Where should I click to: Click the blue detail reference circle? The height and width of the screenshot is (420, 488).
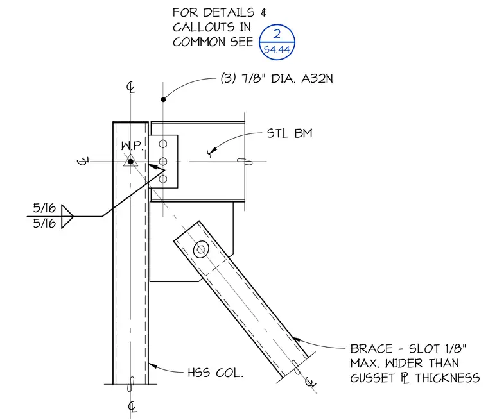tap(277, 24)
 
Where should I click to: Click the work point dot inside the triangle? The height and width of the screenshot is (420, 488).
tap(131, 162)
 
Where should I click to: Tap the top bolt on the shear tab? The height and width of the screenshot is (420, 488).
tap(162, 144)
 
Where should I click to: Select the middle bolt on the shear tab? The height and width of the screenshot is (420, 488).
tap(162, 162)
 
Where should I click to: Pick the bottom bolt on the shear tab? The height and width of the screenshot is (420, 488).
tap(162, 179)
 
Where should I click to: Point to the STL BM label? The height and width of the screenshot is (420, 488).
tap(290, 133)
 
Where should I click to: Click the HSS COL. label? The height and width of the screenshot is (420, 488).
tap(215, 373)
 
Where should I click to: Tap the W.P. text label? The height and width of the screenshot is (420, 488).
tap(132, 146)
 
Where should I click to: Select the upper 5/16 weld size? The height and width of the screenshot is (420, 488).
tap(44, 208)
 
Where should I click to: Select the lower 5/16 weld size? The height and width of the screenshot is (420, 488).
tap(44, 223)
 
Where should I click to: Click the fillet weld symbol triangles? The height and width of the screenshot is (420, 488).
tap(67, 216)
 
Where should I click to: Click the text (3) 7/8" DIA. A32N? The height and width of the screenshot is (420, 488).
tap(277, 79)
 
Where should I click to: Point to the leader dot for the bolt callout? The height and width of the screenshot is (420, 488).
tap(163, 99)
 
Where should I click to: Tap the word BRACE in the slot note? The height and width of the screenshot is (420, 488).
tap(371, 349)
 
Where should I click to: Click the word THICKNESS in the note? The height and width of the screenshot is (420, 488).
tap(448, 378)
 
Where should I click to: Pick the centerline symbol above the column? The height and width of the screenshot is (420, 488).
tap(131, 87)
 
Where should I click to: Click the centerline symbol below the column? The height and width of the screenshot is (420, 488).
tap(132, 407)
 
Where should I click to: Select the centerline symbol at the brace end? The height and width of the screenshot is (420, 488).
tap(309, 382)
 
